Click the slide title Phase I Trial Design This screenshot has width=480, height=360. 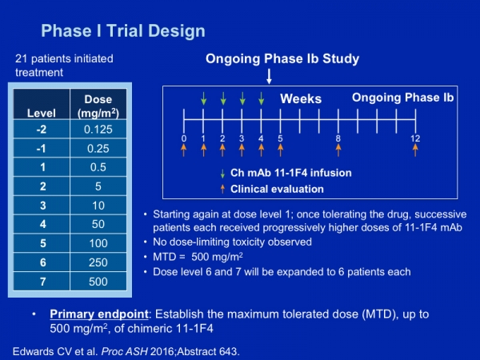[123, 31]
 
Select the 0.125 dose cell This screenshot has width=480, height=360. [98, 129]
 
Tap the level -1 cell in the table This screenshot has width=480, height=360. [42, 149]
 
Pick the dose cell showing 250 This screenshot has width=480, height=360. [98, 262]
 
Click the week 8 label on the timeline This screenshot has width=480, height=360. [338, 138]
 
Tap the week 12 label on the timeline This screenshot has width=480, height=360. [415, 138]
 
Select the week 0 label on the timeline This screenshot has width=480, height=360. [184, 138]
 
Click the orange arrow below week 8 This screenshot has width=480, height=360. [338, 150]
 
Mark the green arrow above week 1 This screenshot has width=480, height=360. [203, 98]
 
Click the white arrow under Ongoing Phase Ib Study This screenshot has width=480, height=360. [269, 76]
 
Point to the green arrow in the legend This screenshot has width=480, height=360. [222, 174]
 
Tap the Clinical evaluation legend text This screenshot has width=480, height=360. [277, 189]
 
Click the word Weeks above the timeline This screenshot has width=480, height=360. [301, 98]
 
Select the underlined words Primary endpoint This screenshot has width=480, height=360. [99, 314]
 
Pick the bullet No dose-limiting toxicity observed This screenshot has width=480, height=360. [232, 242]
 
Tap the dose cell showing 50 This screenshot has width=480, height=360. [98, 224]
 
